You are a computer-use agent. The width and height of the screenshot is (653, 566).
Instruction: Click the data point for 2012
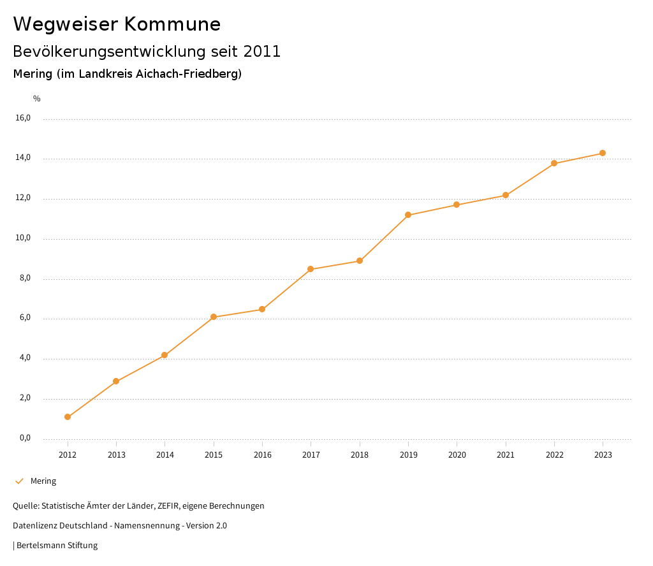point(68,417)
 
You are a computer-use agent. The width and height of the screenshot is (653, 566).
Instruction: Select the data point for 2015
point(214,317)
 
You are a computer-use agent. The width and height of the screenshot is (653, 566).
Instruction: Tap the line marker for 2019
point(408,215)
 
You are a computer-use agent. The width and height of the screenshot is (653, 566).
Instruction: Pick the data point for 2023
point(603,153)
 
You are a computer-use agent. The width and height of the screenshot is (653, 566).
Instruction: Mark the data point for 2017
point(311,269)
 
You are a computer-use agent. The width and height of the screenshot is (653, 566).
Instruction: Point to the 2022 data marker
point(554,163)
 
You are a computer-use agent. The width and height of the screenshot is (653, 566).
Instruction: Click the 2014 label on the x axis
point(165,455)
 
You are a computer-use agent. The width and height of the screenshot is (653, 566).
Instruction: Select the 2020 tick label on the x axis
point(457,455)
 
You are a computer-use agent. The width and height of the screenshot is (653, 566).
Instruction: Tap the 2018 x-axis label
point(360,455)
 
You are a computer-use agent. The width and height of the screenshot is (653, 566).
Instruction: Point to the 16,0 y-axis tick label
point(23,118)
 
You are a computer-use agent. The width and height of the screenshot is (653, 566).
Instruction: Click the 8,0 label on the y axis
point(24,278)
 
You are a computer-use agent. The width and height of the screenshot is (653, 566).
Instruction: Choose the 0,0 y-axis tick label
point(24,438)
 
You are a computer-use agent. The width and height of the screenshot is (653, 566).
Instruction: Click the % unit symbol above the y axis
point(37,99)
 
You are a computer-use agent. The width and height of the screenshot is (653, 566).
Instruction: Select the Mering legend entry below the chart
point(43,481)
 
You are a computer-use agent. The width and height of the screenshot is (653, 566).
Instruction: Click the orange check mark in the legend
point(19,481)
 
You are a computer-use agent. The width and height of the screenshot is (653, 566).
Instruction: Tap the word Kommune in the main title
point(172,24)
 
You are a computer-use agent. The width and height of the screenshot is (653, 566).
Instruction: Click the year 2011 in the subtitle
point(263,52)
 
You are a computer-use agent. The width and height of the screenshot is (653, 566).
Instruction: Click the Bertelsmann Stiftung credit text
point(57,546)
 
